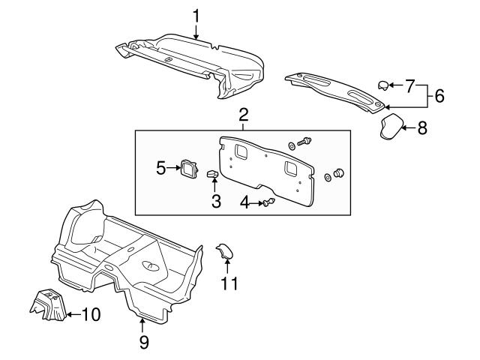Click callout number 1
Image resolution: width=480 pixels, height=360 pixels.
click(x=196, y=15)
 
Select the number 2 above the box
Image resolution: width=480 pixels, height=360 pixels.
click(x=244, y=115)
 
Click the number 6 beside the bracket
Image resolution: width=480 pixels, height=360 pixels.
click(x=439, y=95)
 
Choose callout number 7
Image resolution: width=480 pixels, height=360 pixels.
click(x=409, y=85)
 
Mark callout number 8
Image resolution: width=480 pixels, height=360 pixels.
click(x=421, y=127)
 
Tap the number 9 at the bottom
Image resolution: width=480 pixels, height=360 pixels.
click(x=143, y=342)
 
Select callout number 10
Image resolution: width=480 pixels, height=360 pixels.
click(x=90, y=314)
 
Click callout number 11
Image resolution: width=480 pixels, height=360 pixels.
click(x=228, y=283)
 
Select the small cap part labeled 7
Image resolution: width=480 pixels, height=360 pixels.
click(x=382, y=85)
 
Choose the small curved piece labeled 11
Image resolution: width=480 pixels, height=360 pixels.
click(x=224, y=253)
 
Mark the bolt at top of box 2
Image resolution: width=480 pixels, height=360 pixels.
click(x=304, y=140)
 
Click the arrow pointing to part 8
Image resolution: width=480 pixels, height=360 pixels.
click(x=408, y=127)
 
